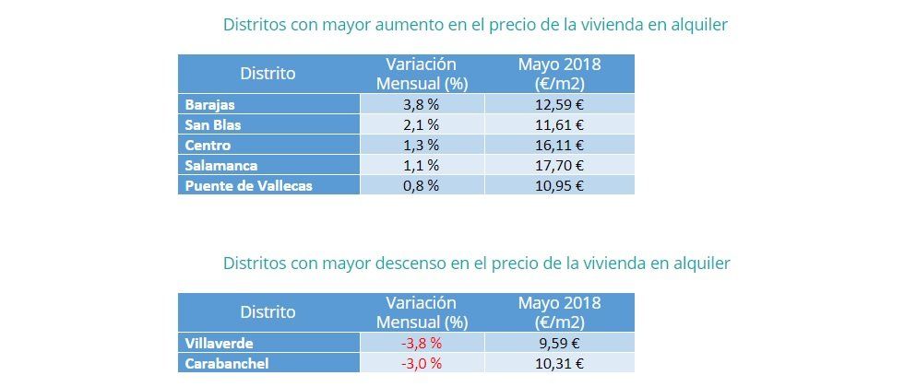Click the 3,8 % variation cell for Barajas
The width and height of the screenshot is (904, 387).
[x=422, y=104]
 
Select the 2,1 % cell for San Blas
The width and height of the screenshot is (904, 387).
[x=422, y=124]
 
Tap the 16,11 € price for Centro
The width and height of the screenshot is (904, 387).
[x=560, y=145]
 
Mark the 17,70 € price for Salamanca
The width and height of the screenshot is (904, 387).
[x=560, y=165]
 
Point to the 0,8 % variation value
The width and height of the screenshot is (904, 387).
[x=422, y=185]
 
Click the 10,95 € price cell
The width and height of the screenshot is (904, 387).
[x=560, y=185]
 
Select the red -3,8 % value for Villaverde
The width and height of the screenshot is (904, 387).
[x=422, y=344]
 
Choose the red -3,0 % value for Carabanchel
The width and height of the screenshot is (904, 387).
[x=422, y=364]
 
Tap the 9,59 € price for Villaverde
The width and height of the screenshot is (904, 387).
[x=560, y=344]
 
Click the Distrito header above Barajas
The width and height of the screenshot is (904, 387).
[x=268, y=74]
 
